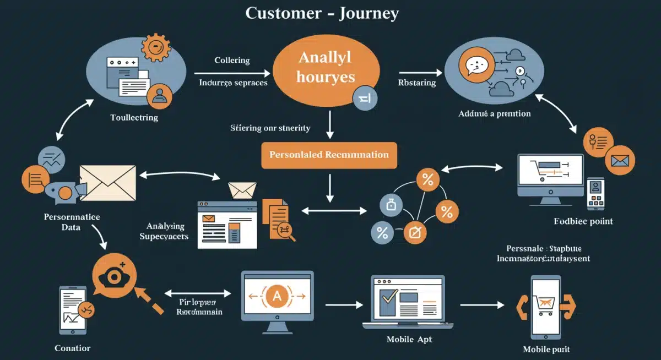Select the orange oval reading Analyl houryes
pos(326,67)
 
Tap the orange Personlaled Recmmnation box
pos(329,155)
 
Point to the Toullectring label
pos(134,117)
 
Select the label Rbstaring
pos(416,83)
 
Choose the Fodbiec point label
pos(583,221)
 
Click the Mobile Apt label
pos(409,339)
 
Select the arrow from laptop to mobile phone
pos(482,304)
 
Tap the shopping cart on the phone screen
pos(545,304)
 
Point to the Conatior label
pos(73,348)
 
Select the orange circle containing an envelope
pos(619,161)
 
